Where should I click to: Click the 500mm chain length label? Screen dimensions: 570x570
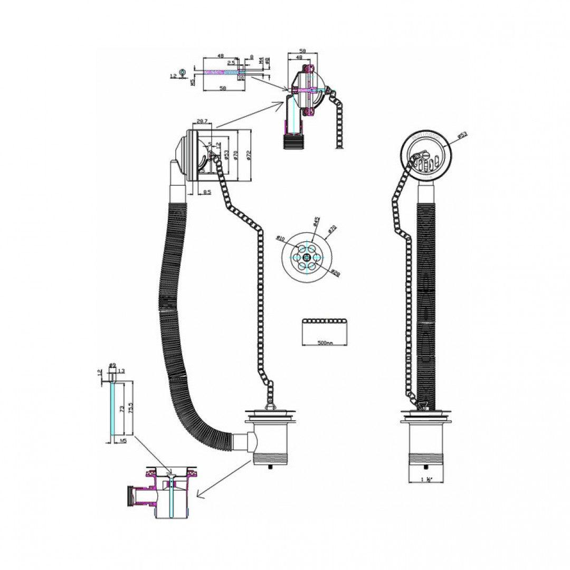click(326, 343)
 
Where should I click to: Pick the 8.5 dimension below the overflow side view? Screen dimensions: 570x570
click(207, 192)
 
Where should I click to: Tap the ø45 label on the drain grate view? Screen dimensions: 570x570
click(317, 220)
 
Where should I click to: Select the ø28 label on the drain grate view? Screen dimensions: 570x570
click(335, 272)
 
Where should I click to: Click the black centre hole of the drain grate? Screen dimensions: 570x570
click(307, 257)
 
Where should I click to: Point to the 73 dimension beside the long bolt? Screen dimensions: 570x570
click(121, 409)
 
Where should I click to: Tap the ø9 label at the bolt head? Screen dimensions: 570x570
click(112, 365)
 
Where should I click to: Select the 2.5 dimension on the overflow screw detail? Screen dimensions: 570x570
click(231, 63)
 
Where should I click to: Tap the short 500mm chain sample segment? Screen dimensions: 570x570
click(325, 321)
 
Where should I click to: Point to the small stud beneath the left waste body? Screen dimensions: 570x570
click(271, 467)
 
